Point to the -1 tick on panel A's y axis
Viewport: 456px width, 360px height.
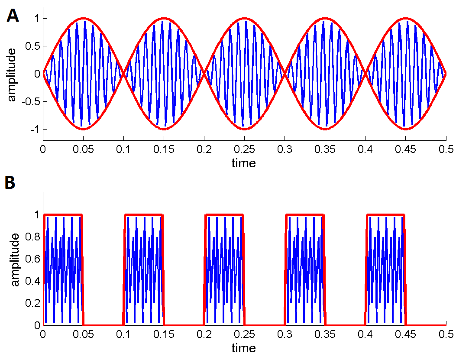pos(32,129)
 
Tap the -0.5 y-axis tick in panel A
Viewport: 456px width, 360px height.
pos(29,101)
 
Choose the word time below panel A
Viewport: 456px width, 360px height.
pos(244,163)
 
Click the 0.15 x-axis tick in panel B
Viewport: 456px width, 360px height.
pos(164,334)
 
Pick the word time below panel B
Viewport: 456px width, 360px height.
pos(244,348)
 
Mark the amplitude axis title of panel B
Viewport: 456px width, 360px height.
pos(15,259)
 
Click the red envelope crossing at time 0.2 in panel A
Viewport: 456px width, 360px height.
pos(204,74)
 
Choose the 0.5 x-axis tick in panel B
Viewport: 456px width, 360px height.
pos(446,334)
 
